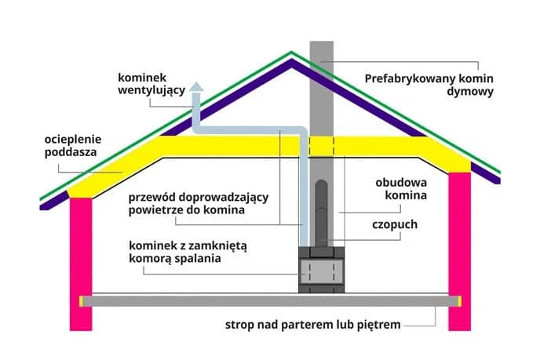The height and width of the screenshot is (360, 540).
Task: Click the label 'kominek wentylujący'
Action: [x=151, y=84]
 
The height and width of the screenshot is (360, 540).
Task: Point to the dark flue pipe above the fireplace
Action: [x=322, y=208]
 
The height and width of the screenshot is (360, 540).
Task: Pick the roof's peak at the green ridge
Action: [x=292, y=53]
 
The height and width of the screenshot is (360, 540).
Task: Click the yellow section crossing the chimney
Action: [x=322, y=145]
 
